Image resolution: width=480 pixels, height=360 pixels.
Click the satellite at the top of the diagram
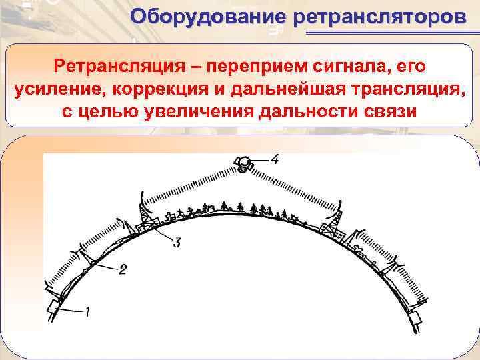[243, 163]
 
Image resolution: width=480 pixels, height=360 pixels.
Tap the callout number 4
[275, 159]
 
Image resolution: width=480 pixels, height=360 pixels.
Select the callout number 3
[177, 243]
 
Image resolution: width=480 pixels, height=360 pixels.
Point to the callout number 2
[122, 270]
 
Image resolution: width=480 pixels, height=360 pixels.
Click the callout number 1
[87, 310]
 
